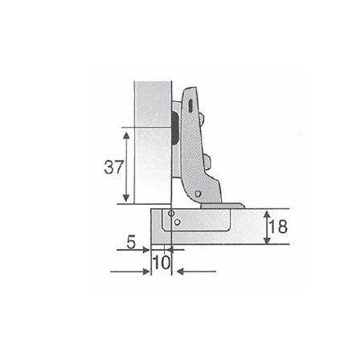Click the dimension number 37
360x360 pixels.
(114, 167)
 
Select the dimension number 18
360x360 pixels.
(278, 227)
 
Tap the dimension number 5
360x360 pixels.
(131, 243)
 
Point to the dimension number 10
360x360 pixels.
(162, 262)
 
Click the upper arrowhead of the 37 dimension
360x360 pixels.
(126, 136)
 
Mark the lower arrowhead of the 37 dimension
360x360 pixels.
(126, 198)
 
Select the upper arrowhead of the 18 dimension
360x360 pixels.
(267, 215)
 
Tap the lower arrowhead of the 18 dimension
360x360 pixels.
(267, 240)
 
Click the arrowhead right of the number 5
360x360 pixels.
(146, 250)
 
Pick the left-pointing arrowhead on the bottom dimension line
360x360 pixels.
(181, 272)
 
